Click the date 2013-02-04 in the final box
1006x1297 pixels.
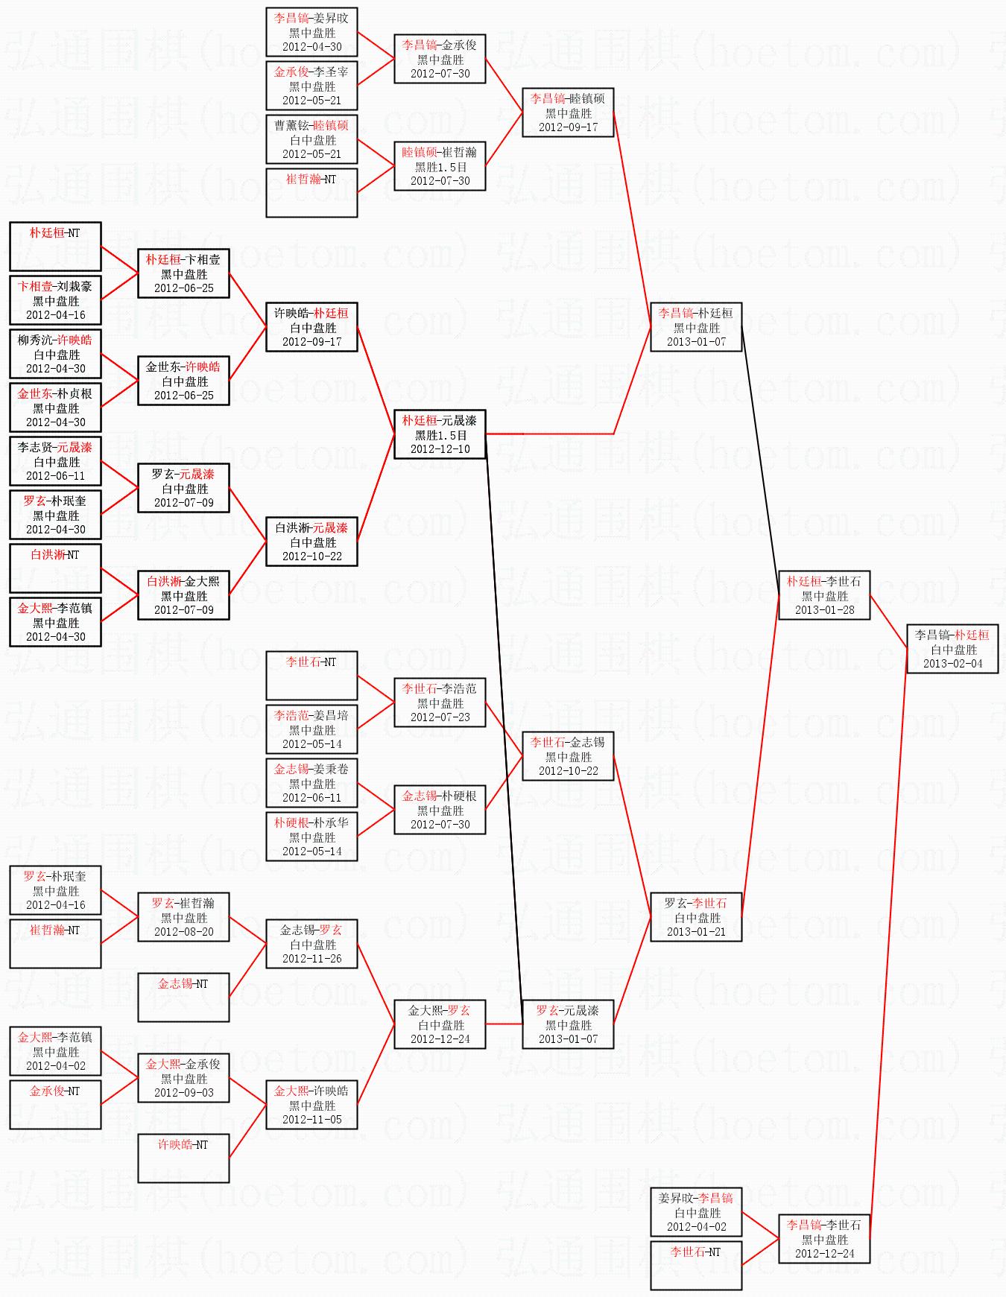[x=952, y=664]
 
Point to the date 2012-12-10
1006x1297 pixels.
[x=440, y=449]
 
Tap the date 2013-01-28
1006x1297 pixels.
[x=824, y=610]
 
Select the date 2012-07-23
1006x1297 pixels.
[x=440, y=717]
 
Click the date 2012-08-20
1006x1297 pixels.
[x=183, y=932]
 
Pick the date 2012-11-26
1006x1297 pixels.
[x=311, y=959]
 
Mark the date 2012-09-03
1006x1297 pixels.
[x=183, y=1093]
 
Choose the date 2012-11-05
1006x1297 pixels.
[x=311, y=1120]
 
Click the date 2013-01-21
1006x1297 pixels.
[x=696, y=932]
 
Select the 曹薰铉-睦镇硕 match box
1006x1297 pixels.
[x=311, y=139]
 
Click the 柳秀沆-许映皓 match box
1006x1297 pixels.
[x=55, y=354]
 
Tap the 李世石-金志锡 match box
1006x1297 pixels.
[x=568, y=756]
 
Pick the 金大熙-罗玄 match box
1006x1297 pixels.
[x=440, y=1024]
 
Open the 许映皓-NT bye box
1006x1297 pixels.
[x=183, y=1158]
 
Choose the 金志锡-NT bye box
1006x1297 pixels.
[x=183, y=997]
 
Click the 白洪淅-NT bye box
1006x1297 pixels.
[x=55, y=568]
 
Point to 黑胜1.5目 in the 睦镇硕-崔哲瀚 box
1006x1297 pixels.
[x=440, y=167]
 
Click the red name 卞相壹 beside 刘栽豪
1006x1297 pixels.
[x=35, y=287]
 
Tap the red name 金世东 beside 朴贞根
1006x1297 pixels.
[x=35, y=394]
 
